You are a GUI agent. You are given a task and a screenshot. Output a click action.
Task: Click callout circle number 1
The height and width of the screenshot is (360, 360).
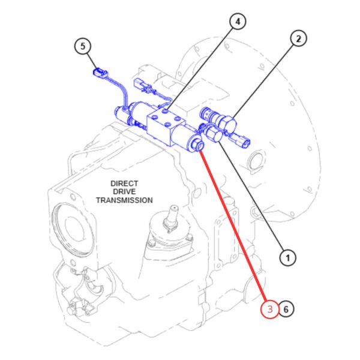click(287, 258)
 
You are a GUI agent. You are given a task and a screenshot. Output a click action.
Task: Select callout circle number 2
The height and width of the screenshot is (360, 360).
click(298, 38)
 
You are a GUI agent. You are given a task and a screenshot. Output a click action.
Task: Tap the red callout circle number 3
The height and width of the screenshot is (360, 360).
click(270, 309)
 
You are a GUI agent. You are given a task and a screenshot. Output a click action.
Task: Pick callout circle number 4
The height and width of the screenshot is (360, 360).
click(238, 22)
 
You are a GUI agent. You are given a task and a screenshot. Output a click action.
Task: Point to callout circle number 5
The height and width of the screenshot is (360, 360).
click(83, 46)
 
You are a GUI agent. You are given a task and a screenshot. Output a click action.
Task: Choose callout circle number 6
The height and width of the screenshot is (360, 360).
click(286, 309)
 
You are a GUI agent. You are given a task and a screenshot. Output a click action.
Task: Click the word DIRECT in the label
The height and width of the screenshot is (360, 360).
click(124, 184)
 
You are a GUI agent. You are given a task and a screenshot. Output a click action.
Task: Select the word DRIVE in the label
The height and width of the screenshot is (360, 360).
click(124, 192)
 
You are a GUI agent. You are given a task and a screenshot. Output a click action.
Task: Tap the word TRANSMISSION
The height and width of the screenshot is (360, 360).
click(124, 200)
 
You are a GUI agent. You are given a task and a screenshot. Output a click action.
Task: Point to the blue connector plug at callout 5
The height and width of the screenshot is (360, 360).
click(100, 73)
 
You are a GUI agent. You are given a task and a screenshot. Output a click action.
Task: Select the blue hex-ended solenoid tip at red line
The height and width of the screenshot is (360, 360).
click(197, 144)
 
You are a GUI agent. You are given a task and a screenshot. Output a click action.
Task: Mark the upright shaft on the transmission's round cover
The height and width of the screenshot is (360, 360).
click(172, 217)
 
